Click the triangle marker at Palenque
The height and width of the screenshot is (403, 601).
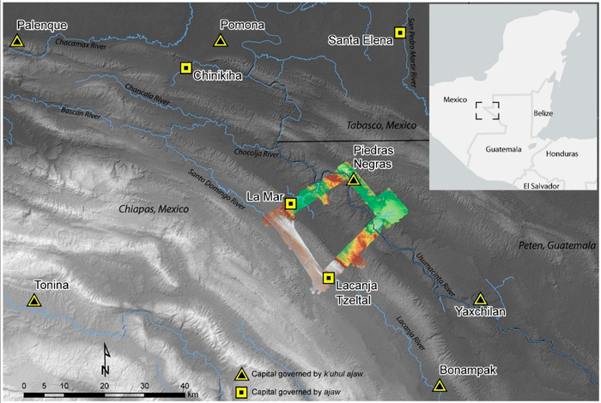[x=17, y=41]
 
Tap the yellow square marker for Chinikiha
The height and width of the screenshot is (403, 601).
[x=185, y=68]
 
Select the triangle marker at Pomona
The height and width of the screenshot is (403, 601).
[x=221, y=40]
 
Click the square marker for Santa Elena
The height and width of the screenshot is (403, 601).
[x=400, y=33]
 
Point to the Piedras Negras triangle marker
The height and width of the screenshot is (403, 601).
[x=354, y=179]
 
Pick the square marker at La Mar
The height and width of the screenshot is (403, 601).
[x=291, y=204]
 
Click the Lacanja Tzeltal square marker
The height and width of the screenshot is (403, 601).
[x=328, y=278]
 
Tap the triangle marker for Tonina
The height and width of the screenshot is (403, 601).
[x=33, y=300]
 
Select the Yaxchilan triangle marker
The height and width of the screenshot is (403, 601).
[x=481, y=299]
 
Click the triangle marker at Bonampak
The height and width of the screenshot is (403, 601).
[x=440, y=386]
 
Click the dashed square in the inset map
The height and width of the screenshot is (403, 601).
[x=488, y=111]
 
